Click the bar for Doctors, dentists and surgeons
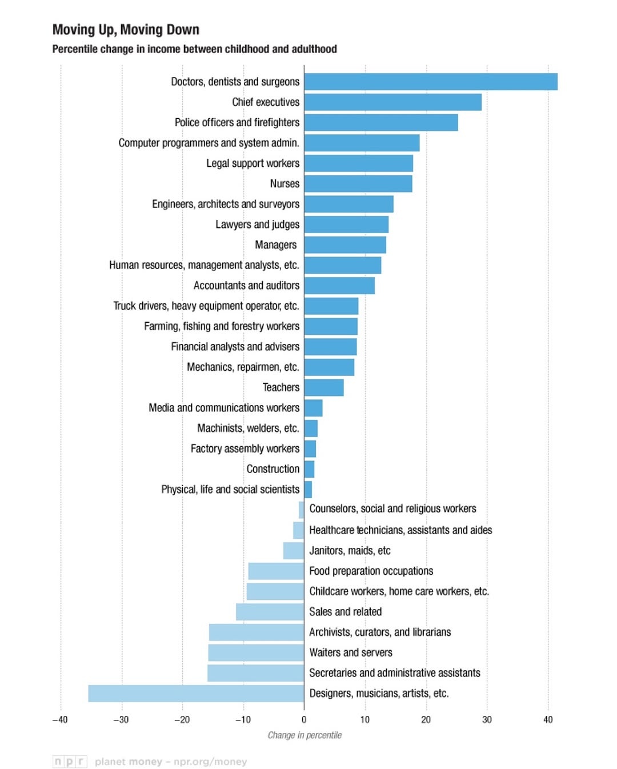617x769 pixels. click(x=431, y=82)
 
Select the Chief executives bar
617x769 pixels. click(x=392, y=102)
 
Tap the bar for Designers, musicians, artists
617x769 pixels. click(x=196, y=694)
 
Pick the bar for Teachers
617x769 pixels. click(x=324, y=388)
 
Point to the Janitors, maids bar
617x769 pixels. click(x=293, y=551)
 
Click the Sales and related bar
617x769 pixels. click(x=270, y=612)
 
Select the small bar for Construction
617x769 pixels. click(x=309, y=469)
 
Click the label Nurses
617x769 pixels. click(x=285, y=183)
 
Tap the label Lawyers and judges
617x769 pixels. click(x=257, y=225)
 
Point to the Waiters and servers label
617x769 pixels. click(x=351, y=652)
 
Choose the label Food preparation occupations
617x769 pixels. click(x=371, y=571)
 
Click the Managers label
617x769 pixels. click(x=275, y=245)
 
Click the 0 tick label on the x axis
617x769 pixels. click(x=304, y=720)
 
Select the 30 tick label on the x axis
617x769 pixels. click(x=487, y=720)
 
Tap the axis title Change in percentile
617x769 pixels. click(x=305, y=735)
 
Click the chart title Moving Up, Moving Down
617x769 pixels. click(x=126, y=30)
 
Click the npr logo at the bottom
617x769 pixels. click(x=70, y=762)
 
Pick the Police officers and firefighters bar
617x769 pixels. click(x=381, y=123)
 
